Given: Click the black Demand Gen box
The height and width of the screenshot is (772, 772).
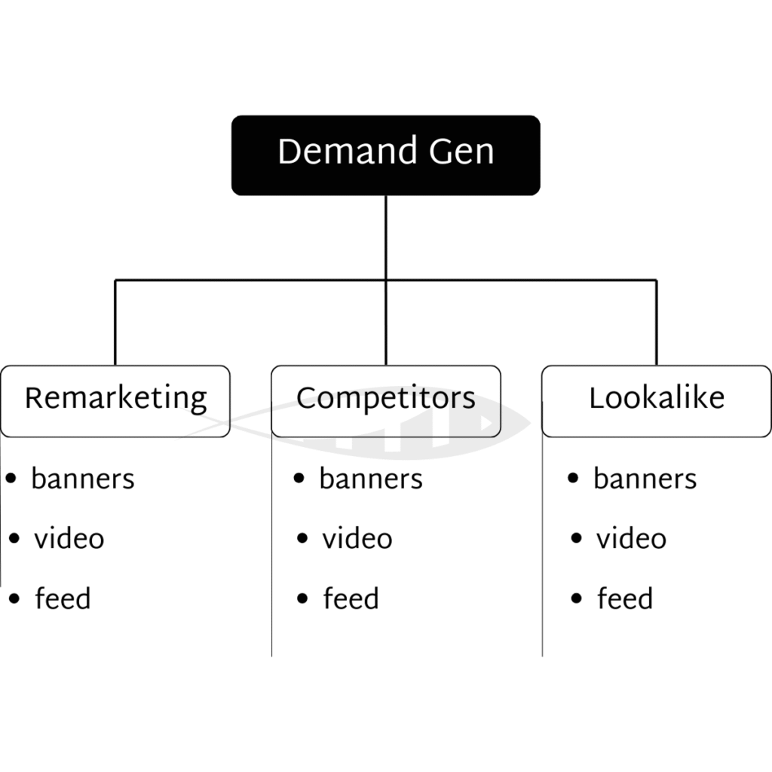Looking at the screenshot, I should point(385,155).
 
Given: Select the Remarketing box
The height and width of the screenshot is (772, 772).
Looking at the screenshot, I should point(115,400).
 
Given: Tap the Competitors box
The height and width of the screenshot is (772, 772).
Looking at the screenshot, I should point(385,400).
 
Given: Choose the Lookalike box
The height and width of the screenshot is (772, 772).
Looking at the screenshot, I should point(656,400).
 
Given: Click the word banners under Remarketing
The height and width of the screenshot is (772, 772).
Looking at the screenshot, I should point(83,479).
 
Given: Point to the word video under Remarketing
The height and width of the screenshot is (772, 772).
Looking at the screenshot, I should point(69,539).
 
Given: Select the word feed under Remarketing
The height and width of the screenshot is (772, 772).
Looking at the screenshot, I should point(63,599).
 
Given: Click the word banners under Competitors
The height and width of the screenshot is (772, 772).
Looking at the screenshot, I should point(371,479).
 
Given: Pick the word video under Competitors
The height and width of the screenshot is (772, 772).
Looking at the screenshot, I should point(357,539).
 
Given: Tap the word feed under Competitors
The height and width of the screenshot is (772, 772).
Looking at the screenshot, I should point(351,599).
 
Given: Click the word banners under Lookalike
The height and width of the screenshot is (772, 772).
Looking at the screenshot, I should point(645,479).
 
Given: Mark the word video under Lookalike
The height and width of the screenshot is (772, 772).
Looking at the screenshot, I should point(632,539).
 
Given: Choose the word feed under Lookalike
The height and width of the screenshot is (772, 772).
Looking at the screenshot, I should point(625,599).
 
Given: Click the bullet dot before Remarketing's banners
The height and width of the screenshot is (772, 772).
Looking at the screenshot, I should point(11,478).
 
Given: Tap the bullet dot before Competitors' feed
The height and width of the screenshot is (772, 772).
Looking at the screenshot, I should point(302,599).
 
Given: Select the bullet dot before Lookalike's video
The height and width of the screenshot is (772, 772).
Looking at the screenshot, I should point(577,538).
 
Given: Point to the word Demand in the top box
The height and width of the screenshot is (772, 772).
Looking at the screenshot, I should point(348,152).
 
